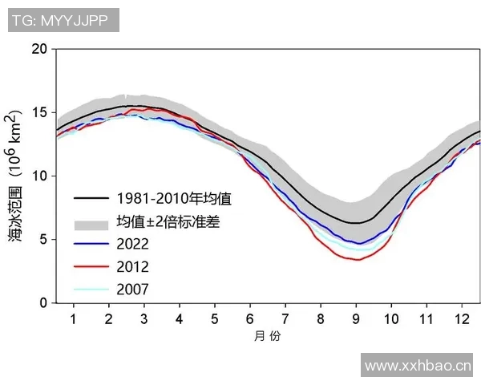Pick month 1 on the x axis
pyautogui.click(x=73, y=318)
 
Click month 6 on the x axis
pyautogui.click(x=249, y=318)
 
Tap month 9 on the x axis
pyautogui.click(x=356, y=318)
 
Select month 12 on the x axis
pyautogui.click(x=461, y=318)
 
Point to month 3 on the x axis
pyautogui.click(x=143, y=318)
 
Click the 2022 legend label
pyautogui.click(x=133, y=243)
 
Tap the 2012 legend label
pyautogui.click(x=133, y=266)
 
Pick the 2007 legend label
pyautogui.click(x=133, y=289)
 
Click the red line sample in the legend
pyautogui.click(x=90, y=266)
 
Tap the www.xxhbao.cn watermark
pyautogui.click(x=418, y=367)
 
